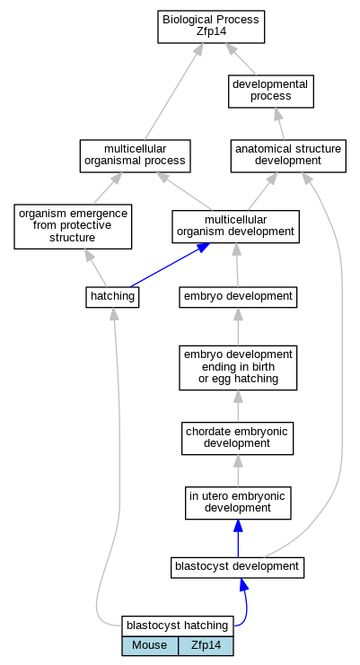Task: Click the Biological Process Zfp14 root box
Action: (211, 27)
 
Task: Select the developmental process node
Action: (271, 92)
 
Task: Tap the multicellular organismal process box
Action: (136, 156)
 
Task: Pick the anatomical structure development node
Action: (288, 156)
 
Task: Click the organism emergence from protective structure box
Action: (73, 226)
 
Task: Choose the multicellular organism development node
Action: (236, 226)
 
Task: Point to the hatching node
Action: (112, 297)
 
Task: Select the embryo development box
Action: (238, 297)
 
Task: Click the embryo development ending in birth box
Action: (238, 368)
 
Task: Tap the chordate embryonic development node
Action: (237, 439)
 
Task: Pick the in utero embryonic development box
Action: (238, 503)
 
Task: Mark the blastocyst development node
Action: (237, 567)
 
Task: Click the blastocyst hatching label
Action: (178, 626)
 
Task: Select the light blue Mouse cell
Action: (150, 646)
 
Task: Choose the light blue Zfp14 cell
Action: (206, 646)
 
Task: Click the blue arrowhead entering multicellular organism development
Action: (203, 248)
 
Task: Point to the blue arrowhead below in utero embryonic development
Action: (238, 526)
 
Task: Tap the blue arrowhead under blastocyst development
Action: (243, 584)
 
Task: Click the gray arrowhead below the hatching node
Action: (113, 314)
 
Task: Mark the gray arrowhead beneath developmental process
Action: (277, 114)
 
